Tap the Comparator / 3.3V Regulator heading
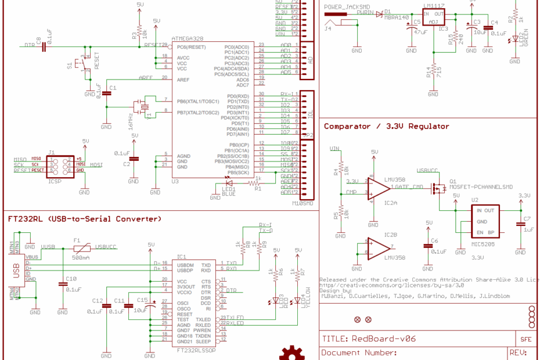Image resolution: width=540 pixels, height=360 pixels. (386, 126)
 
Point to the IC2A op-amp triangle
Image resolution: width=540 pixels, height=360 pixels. (376, 189)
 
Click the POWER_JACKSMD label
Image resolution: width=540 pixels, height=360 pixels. (348, 7)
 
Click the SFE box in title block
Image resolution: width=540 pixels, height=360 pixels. (525, 339)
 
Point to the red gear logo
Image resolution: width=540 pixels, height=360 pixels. (291, 353)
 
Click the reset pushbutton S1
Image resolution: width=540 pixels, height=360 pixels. (84, 65)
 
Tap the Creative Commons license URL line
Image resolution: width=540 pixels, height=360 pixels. (392, 285)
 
